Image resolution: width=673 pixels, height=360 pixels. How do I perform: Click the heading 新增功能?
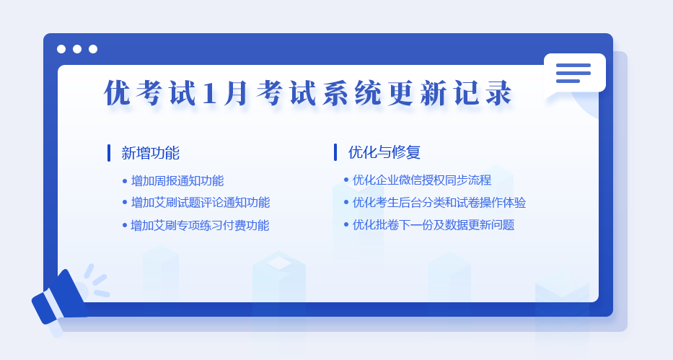[150, 153]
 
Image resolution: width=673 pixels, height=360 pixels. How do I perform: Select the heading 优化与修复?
[384, 152]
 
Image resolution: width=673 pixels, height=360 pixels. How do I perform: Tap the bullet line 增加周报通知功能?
[177, 180]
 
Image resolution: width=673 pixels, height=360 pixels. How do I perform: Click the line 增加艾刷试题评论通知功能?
[201, 203]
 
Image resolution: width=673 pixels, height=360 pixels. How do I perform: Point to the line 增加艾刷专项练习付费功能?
[200, 225]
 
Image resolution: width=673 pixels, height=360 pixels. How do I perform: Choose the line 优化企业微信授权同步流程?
[422, 180]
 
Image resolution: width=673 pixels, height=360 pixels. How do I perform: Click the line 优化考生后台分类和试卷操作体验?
[439, 203]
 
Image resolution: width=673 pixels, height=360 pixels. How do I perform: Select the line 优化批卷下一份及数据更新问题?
[434, 225]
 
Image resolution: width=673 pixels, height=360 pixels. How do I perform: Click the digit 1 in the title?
[209, 93]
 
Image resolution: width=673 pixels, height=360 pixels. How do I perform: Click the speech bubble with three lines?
[574, 74]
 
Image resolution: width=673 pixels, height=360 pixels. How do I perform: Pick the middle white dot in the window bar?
[77, 49]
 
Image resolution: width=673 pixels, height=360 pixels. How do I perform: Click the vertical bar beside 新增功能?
[109, 153]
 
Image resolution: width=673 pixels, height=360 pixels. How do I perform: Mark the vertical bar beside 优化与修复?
[335, 152]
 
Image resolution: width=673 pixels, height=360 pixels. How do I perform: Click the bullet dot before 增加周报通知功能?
[125, 182]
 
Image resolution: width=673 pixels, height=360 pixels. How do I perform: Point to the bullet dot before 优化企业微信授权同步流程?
[346, 180]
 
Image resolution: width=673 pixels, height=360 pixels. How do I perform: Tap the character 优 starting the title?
[117, 92]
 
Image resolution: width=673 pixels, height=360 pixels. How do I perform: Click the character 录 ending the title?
[499, 92]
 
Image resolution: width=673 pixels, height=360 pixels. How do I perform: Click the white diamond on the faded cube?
[279, 263]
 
